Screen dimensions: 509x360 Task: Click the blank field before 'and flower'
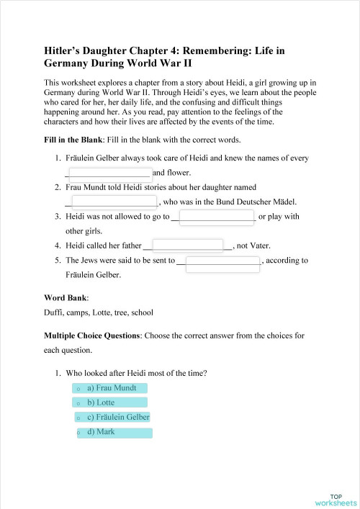coord(109,172)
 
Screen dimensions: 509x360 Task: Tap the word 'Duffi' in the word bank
coord(53,312)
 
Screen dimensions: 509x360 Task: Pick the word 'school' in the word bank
coord(142,312)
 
